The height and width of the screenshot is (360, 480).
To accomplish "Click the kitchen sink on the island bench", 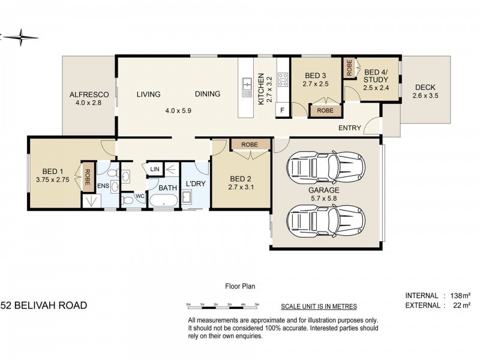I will [x=247, y=88].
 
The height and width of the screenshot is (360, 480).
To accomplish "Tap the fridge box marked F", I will [x=283, y=110].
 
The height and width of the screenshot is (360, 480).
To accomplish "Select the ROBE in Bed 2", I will [x=250, y=145].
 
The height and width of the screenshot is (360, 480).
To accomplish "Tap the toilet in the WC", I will [x=128, y=200].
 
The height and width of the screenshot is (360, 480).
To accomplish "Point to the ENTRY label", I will [x=350, y=128].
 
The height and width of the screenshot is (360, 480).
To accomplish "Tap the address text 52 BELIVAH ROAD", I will [x=43, y=305].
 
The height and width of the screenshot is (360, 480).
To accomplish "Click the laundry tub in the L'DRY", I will [x=187, y=198].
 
